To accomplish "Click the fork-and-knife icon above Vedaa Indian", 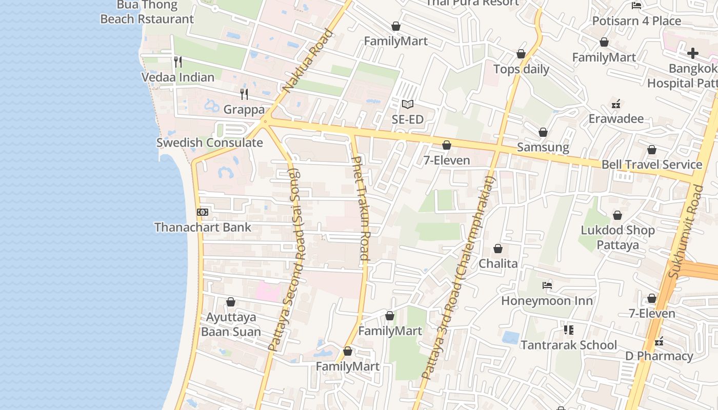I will click(x=178, y=62).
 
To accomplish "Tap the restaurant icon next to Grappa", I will click(x=244, y=94).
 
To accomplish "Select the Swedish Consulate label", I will click(x=209, y=142).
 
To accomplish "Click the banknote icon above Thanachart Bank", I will click(x=203, y=212).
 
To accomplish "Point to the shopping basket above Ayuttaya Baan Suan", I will click(x=231, y=302).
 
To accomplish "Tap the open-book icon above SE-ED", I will click(x=408, y=105).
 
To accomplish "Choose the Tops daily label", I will click(x=521, y=69).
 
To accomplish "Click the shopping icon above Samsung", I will click(x=543, y=133).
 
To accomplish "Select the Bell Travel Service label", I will click(x=652, y=165).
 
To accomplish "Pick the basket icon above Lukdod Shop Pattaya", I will click(x=617, y=215).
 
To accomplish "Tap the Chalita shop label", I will click(x=498, y=264).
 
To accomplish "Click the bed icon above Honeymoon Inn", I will click(x=547, y=285).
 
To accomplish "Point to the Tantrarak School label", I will click(x=569, y=345).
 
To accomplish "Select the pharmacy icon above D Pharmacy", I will click(x=659, y=341).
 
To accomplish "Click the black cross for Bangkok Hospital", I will click(x=693, y=53).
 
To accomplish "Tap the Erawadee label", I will click(x=616, y=119).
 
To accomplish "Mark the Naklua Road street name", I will click(x=308, y=61).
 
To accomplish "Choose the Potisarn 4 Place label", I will click(x=636, y=21).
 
